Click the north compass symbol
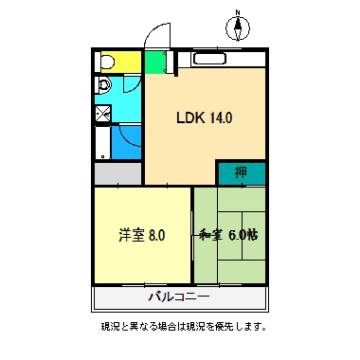point(238,27)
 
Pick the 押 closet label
point(242,173)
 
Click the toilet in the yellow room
point(107,63)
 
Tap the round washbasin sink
point(103,88)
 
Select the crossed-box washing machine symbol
point(103,114)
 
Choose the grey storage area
point(118,175)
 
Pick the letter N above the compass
point(238,12)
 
